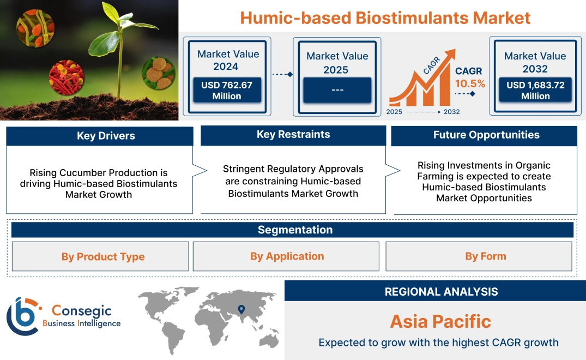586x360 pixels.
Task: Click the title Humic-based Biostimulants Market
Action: click(x=385, y=17)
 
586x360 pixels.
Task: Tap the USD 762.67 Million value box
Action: click(x=226, y=90)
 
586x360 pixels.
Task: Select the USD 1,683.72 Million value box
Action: click(x=535, y=90)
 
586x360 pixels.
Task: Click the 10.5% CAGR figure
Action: click(x=470, y=84)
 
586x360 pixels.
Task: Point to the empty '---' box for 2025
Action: click(x=337, y=90)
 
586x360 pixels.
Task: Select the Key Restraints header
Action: click(x=293, y=135)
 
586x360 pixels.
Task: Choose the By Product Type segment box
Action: click(x=102, y=256)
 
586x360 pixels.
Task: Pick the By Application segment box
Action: click(x=287, y=256)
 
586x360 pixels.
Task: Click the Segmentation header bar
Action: click(x=294, y=230)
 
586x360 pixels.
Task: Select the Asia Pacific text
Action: click(x=440, y=321)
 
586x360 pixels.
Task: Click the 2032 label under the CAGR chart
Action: click(x=451, y=112)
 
